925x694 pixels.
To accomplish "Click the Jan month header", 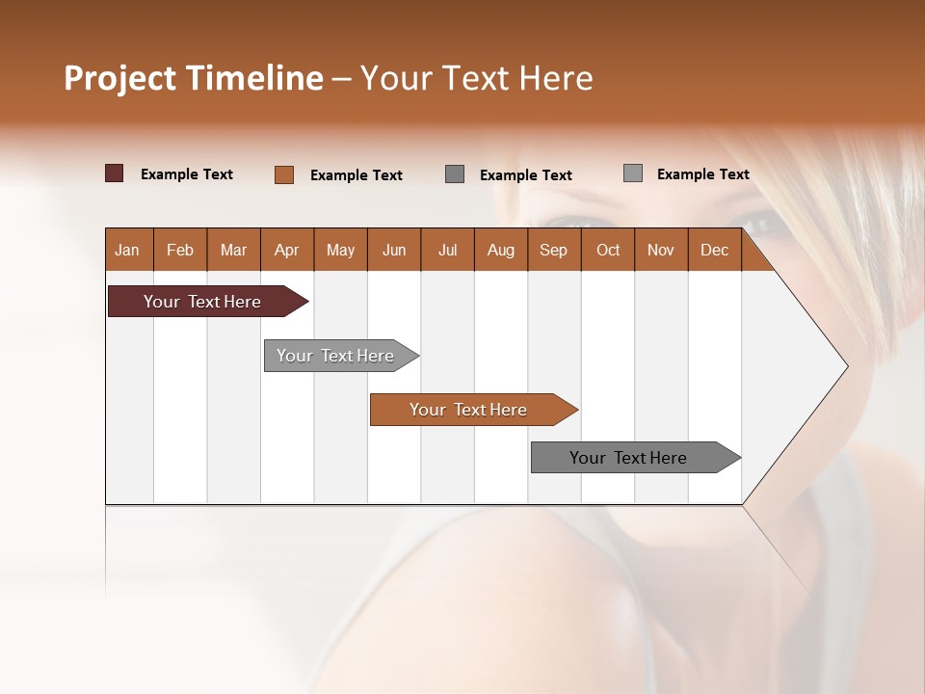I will [x=127, y=251].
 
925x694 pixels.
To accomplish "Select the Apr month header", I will [x=286, y=251].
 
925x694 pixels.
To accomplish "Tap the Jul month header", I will [x=447, y=251].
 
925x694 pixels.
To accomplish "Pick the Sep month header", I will [x=553, y=251].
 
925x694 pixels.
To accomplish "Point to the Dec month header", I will [x=714, y=251].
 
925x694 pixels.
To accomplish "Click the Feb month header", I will [x=180, y=251].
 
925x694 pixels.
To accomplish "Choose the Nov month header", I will [x=661, y=251].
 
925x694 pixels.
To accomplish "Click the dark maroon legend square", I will [x=115, y=173].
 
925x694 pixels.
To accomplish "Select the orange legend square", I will [x=284, y=174].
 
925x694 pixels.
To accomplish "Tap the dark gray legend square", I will [x=455, y=173].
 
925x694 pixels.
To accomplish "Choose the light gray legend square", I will [x=633, y=173].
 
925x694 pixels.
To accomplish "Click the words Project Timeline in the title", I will [x=193, y=78].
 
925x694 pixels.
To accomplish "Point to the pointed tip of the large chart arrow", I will [x=845, y=366].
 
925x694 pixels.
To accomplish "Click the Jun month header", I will [x=393, y=251].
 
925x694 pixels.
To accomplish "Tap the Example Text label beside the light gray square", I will [x=702, y=174].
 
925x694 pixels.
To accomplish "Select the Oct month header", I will [x=608, y=251].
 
